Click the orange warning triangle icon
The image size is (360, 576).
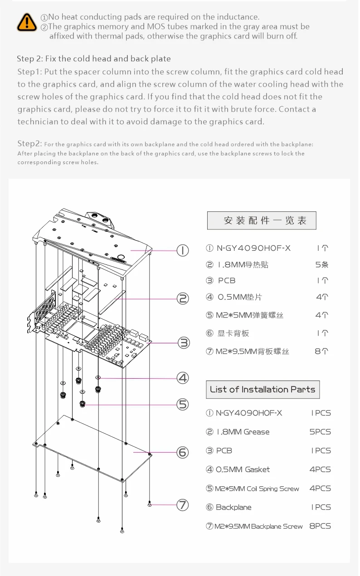[x=27, y=22]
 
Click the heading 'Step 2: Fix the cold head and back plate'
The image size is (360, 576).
[x=94, y=59]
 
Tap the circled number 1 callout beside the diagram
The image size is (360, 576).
[x=182, y=250]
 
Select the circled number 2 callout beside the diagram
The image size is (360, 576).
[x=182, y=298]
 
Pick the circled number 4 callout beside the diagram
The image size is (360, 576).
[x=182, y=377]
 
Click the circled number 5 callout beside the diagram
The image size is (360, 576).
[x=182, y=404]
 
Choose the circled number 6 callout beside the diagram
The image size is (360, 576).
[x=182, y=452]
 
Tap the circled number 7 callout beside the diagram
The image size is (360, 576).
[x=182, y=504]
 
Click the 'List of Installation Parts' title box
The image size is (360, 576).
[x=263, y=390]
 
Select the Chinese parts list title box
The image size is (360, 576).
[x=262, y=221]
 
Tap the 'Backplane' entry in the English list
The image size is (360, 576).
[x=234, y=507]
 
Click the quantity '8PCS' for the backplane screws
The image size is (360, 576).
[x=320, y=526]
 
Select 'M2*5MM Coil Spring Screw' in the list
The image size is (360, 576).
[x=257, y=488]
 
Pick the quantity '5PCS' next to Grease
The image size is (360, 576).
[x=320, y=432]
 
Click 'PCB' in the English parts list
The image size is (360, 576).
[x=224, y=450]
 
